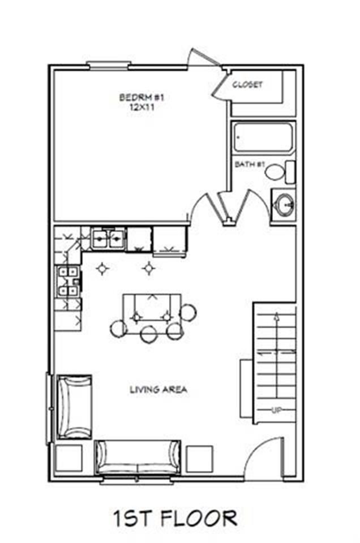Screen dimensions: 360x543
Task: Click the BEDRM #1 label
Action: coord(142,97)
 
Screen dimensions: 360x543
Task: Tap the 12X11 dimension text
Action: coord(142,107)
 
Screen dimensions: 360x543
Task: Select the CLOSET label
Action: coord(247,84)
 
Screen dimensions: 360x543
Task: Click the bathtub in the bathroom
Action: coord(263,137)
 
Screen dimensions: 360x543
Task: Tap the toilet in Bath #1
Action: coord(281,172)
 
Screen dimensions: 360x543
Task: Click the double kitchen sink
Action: coord(108,238)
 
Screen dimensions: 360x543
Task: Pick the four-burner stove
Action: coord(68,281)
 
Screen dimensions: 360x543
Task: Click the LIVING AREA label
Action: coord(158,390)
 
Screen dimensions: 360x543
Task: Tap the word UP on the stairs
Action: coord(276,411)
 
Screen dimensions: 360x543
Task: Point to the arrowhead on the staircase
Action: coord(276,316)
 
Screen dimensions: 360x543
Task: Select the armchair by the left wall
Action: coord(74,407)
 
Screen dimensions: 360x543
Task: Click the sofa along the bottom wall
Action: coord(138,458)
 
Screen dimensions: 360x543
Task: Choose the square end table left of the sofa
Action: coord(69,459)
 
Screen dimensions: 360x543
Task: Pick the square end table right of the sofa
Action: coord(200,459)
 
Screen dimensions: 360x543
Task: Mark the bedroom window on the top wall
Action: coord(108,66)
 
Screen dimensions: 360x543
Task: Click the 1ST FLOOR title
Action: coord(175,518)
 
